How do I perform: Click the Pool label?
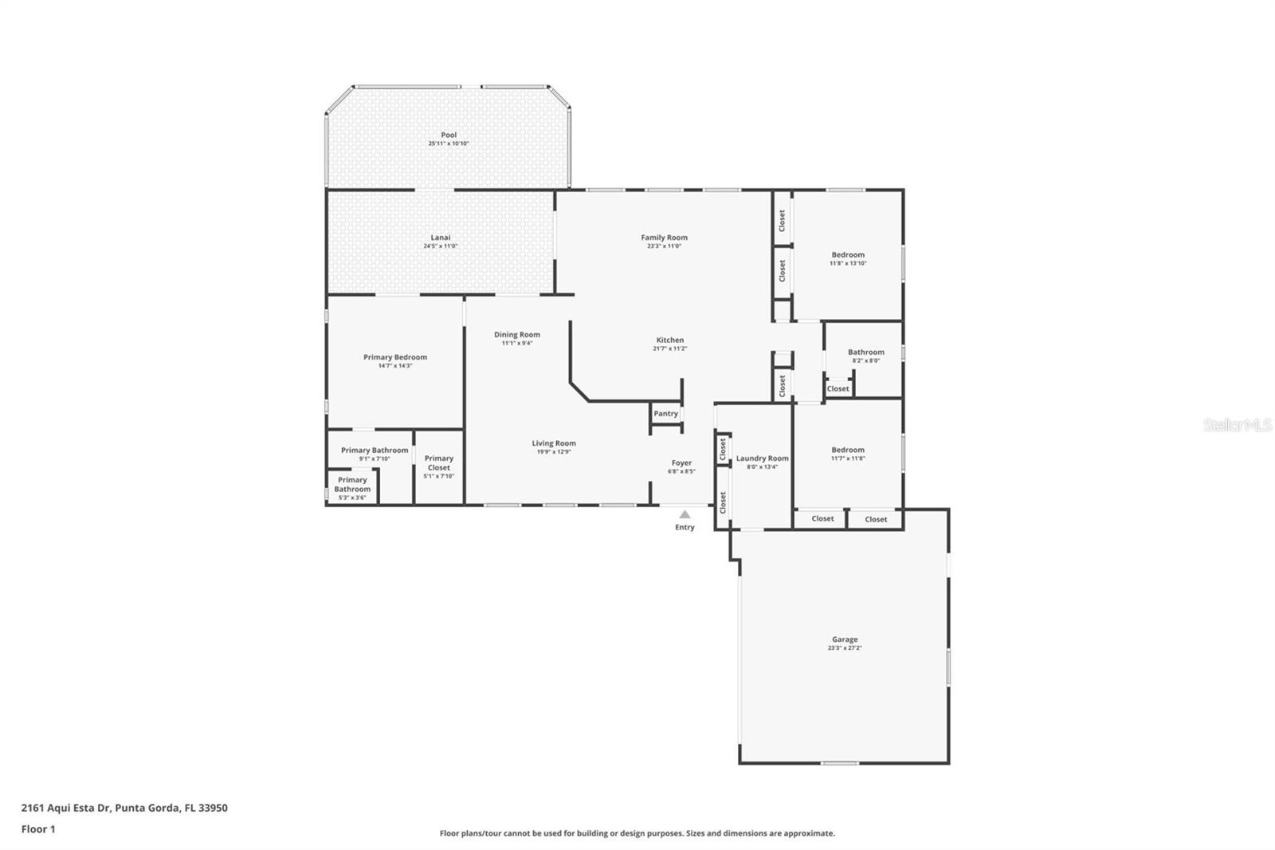tap(449, 135)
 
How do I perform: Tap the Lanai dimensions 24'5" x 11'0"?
tap(440, 246)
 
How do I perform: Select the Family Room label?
tap(664, 237)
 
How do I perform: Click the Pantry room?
tap(665, 414)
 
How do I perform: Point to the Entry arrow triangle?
tap(685, 514)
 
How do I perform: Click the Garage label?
tap(845, 639)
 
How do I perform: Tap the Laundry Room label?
tap(762, 458)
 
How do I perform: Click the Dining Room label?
tap(516, 334)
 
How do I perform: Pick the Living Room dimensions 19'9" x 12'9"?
tap(554, 452)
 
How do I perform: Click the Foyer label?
tap(681, 462)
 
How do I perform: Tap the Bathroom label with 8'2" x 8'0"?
tap(865, 352)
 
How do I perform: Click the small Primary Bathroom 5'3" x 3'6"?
tap(352, 488)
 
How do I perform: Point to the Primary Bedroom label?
tap(395, 357)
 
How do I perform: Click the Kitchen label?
tap(669, 340)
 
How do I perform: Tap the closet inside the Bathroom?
tap(838, 389)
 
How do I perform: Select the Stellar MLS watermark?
tap(1237, 425)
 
